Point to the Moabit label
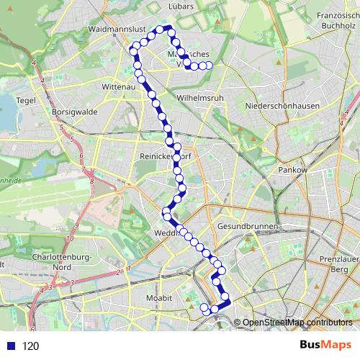point(157,297)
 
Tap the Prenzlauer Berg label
point(338,263)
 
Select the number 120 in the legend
point(30,346)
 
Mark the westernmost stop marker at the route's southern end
point(204,308)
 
